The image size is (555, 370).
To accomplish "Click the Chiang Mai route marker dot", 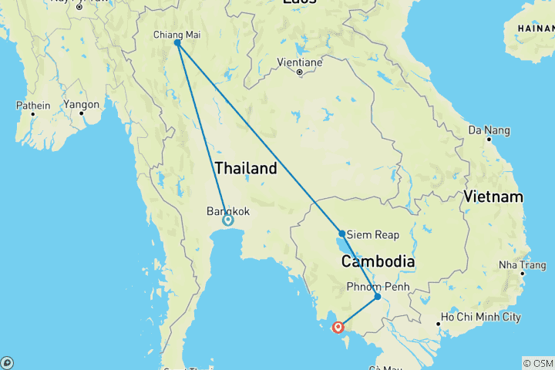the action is coord(177,43).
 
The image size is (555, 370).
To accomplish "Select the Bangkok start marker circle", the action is coord(228,220).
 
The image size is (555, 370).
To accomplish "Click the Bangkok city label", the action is coord(228,210).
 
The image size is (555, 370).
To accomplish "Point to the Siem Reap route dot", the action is coord(341,233).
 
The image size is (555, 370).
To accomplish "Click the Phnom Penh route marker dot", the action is coord(377,296).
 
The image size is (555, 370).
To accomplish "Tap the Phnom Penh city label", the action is coord(378,287).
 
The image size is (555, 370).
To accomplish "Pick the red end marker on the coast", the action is coord(338,327).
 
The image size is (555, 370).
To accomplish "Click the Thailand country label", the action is coord(246,169).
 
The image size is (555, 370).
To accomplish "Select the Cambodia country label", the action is coord(378,262).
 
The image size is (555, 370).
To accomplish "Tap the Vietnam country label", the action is coord(493,197).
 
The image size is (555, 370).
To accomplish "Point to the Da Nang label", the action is coord(488,129).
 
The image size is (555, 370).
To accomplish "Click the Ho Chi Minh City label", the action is coord(479,318).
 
